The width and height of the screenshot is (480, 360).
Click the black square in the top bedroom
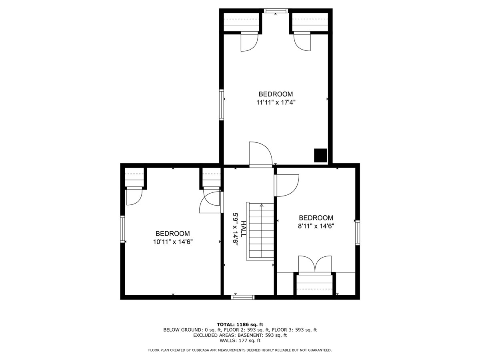(320, 155)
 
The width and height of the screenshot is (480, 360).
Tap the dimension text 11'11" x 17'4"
(276, 102)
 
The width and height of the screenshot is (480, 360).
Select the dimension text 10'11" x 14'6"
(173, 242)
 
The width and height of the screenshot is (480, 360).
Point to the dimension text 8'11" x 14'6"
(316, 226)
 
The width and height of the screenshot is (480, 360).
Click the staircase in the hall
(261, 231)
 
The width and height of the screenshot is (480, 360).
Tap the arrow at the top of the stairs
(262, 206)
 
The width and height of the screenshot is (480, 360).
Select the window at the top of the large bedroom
(276, 11)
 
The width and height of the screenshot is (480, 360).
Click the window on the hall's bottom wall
(243, 297)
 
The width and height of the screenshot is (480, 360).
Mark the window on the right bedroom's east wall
(358, 232)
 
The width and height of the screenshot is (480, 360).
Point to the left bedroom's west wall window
(123, 229)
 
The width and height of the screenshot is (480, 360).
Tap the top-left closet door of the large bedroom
(249, 42)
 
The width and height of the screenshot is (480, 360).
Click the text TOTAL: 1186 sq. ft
(240, 324)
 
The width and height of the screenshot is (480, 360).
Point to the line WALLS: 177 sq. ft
(240, 341)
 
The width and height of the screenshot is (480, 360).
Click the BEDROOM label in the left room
(172, 234)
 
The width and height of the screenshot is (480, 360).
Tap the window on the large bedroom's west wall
(221, 105)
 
